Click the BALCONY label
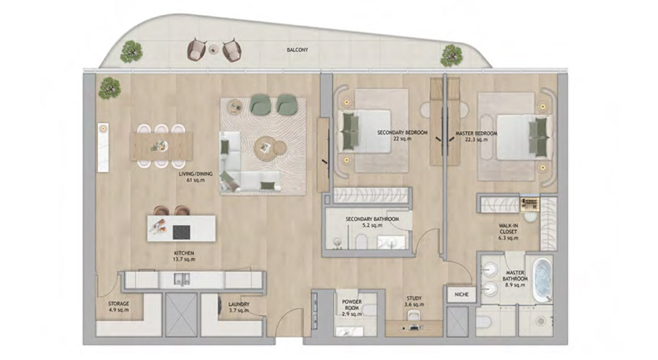(297, 50)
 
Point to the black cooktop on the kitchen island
(180, 231)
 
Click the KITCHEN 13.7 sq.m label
(184, 256)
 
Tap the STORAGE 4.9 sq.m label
(118, 307)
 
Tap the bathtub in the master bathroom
(542, 280)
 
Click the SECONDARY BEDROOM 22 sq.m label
(402, 136)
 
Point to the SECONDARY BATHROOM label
(372, 222)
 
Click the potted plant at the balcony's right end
(451, 54)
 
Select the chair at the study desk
(413, 318)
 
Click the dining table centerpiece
(158, 146)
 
